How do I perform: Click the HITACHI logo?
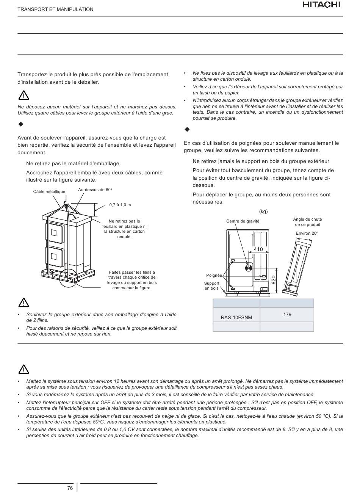click(322, 5)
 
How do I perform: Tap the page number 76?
click(70, 488)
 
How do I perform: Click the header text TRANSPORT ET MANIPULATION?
click(55, 9)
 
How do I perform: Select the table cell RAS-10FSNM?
click(236, 317)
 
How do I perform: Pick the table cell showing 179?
click(287, 314)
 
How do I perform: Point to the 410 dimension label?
click(258, 249)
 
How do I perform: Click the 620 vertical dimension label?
click(274, 281)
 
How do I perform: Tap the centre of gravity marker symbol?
click(249, 268)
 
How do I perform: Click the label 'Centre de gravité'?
click(243, 221)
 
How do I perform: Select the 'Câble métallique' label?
click(49, 192)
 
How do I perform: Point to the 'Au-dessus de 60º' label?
click(95, 190)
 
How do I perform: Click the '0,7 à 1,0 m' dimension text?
click(120, 205)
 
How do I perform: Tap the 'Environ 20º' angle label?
click(307, 233)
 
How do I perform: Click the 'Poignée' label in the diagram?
click(214, 275)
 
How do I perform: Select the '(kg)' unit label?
click(263, 212)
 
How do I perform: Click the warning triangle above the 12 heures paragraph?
click(23, 369)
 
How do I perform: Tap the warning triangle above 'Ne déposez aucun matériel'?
click(23, 95)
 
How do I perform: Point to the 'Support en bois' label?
click(211, 286)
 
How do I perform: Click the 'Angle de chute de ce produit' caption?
click(307, 222)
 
